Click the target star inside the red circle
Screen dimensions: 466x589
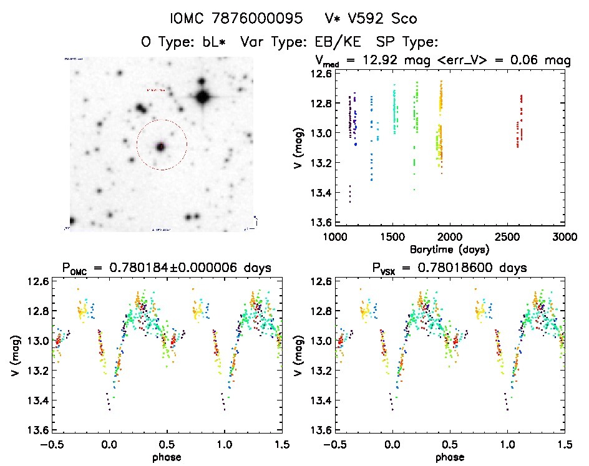(161, 147)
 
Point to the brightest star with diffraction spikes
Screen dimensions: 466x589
(202, 97)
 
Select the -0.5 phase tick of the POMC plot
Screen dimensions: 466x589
(52, 444)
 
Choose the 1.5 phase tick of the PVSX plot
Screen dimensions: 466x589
(564, 444)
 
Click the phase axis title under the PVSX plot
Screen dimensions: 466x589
(449, 456)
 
